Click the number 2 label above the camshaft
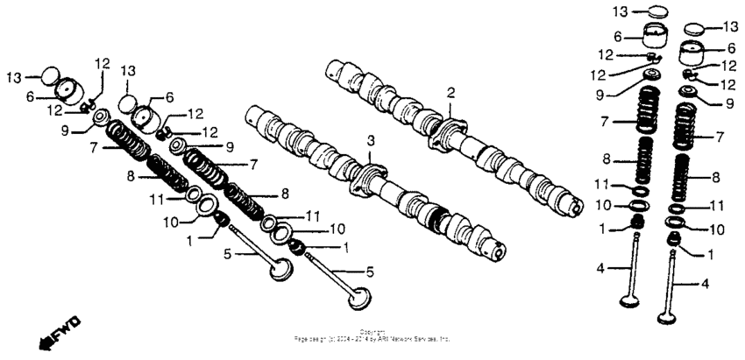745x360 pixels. pyautogui.click(x=451, y=92)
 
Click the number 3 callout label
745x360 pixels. pyautogui.click(x=371, y=140)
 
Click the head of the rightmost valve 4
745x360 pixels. pyautogui.click(x=674, y=310)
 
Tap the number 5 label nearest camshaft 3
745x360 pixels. pyautogui.click(x=370, y=272)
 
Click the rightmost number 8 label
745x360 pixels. pyautogui.click(x=717, y=177)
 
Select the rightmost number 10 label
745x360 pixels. pyautogui.click(x=717, y=229)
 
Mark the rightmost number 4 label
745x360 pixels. pyautogui.click(x=705, y=283)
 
